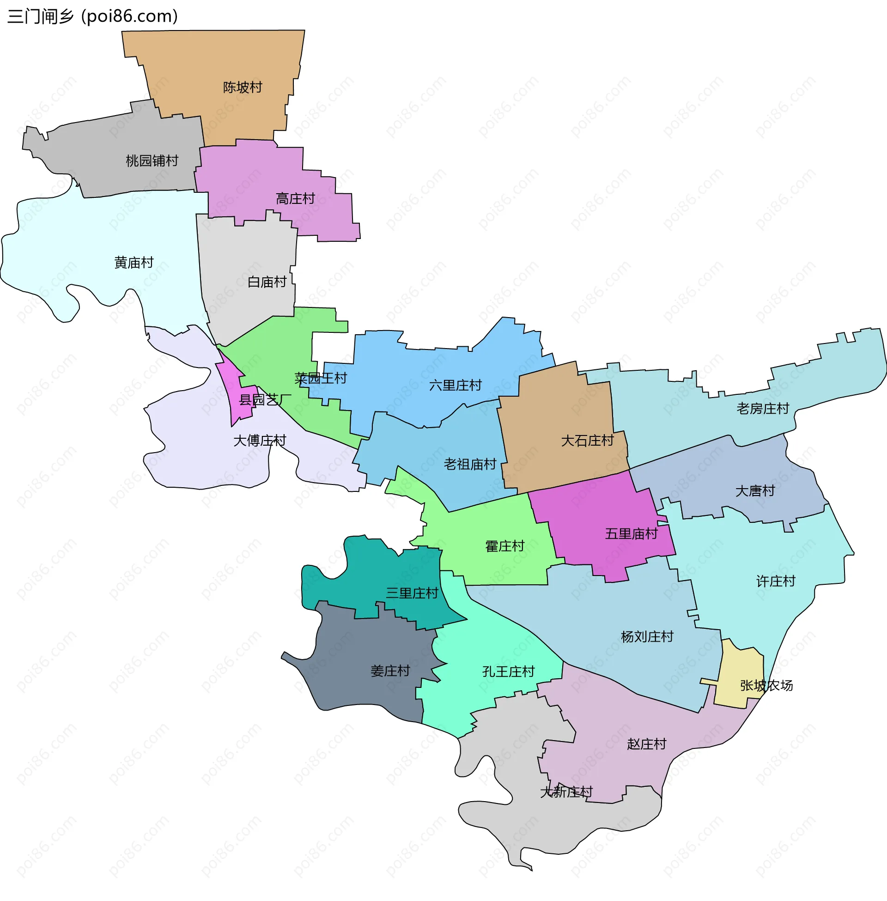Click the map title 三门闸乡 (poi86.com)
(93, 17)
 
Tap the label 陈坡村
(242, 87)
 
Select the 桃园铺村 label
(152, 161)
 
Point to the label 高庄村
(295, 199)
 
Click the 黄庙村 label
(134, 263)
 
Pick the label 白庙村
(267, 282)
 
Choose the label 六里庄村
(455, 386)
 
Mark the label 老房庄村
(762, 408)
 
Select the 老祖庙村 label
(469, 464)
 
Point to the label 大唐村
(754, 491)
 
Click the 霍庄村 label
(504, 546)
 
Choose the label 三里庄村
(412, 593)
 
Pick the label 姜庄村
(389, 671)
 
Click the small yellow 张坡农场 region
(741, 671)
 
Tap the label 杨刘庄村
(647, 637)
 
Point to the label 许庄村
(775, 581)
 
